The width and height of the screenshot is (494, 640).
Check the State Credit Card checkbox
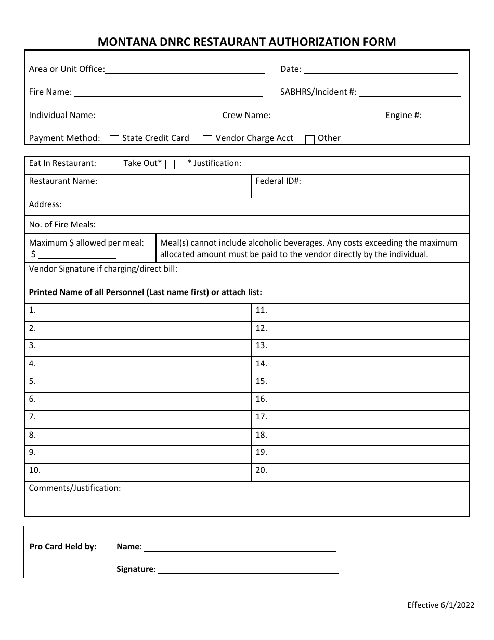[114, 139]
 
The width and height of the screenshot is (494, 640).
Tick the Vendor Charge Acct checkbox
[207, 139]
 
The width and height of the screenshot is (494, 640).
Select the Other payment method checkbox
[310, 139]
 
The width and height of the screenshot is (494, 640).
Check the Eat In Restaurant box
[106, 164]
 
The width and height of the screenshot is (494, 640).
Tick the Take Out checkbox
[170, 164]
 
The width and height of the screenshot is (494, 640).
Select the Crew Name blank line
[323, 116]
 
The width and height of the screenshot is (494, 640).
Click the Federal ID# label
[278, 181]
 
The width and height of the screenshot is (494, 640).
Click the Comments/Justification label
[74, 488]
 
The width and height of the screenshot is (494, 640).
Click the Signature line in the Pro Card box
[248, 570]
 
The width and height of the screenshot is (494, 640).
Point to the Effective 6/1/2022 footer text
[440, 605]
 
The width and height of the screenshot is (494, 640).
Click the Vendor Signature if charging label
[103, 269]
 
